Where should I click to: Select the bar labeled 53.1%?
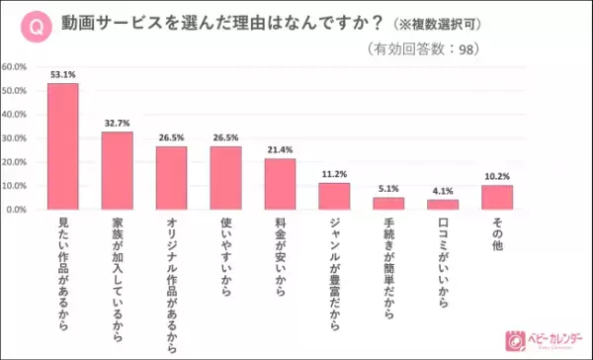coord(63,146)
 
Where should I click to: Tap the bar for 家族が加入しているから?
coord(117,171)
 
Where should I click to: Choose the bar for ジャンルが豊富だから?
coord(334,197)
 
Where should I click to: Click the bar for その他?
coord(497,198)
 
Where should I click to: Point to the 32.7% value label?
coord(117,123)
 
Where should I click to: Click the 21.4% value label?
coord(280,149)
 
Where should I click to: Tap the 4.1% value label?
coord(443,191)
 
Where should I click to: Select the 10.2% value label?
coord(497,176)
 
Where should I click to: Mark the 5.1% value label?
coord(388,188)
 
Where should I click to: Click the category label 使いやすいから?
coord(225,259)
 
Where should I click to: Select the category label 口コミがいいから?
coord(443,259)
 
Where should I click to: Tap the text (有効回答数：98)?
coord(449,48)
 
